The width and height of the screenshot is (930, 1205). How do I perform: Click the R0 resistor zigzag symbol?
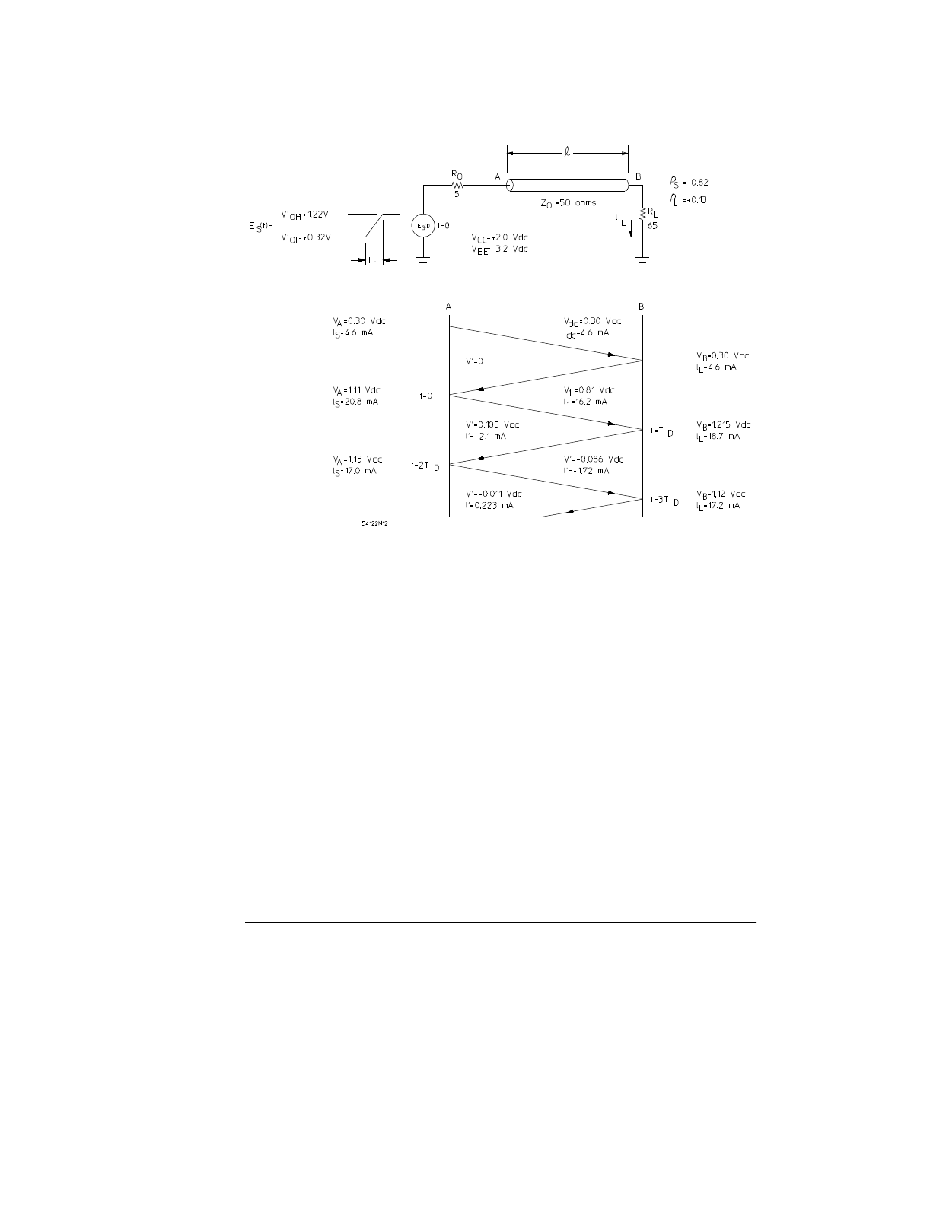coord(457,183)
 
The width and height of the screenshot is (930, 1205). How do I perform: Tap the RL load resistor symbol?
coord(643,215)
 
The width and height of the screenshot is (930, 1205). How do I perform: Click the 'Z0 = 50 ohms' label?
coord(563,202)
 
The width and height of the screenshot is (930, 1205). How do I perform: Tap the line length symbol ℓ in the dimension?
coord(567,152)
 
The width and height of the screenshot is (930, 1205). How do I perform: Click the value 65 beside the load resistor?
coord(652,226)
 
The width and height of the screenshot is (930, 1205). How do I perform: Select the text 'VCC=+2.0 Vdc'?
coord(499,237)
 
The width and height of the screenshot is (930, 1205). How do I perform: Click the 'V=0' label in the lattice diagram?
coord(474,361)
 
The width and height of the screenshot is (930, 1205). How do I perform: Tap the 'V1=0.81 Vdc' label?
coord(588,390)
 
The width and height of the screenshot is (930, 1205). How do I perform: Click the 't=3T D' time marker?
coord(664,500)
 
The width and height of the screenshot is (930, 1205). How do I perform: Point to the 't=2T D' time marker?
coord(425,465)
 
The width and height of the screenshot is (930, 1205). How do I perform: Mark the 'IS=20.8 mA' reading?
coord(355,402)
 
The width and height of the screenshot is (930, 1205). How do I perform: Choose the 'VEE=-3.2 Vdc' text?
coord(499,249)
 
